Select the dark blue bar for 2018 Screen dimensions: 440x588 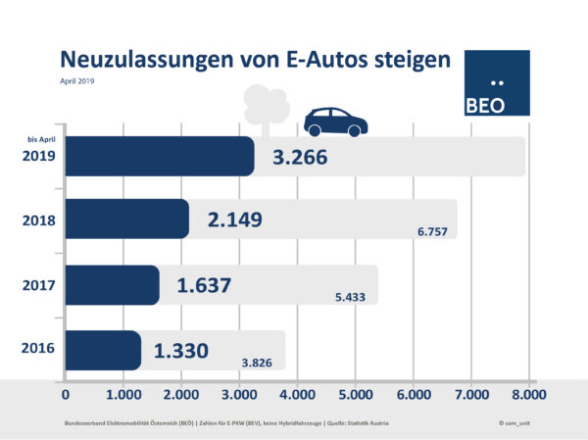(x=127, y=219)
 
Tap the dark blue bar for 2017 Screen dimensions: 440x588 (x=113, y=284)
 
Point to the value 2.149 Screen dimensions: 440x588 (x=234, y=220)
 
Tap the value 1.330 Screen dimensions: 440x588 (x=179, y=350)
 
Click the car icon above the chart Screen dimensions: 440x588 (x=335, y=121)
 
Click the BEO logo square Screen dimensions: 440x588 (x=496, y=83)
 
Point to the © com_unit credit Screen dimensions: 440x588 (x=513, y=421)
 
